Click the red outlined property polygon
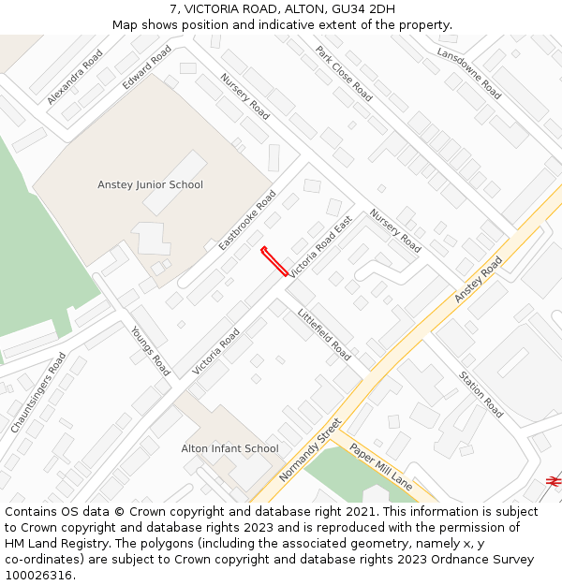tap(274, 260)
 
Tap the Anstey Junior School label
tap(150, 184)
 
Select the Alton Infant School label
tap(229, 448)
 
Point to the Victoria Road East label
tap(320, 247)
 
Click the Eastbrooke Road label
tap(247, 220)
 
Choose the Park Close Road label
tap(344, 74)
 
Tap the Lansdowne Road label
tap(469, 73)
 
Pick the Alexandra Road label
tap(75, 77)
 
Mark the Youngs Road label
tap(150, 350)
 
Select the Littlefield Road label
tap(324, 335)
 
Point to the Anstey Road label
tap(479, 279)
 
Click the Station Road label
tap(481, 394)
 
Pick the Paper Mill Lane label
tap(381, 464)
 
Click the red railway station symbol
tap(554, 480)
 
